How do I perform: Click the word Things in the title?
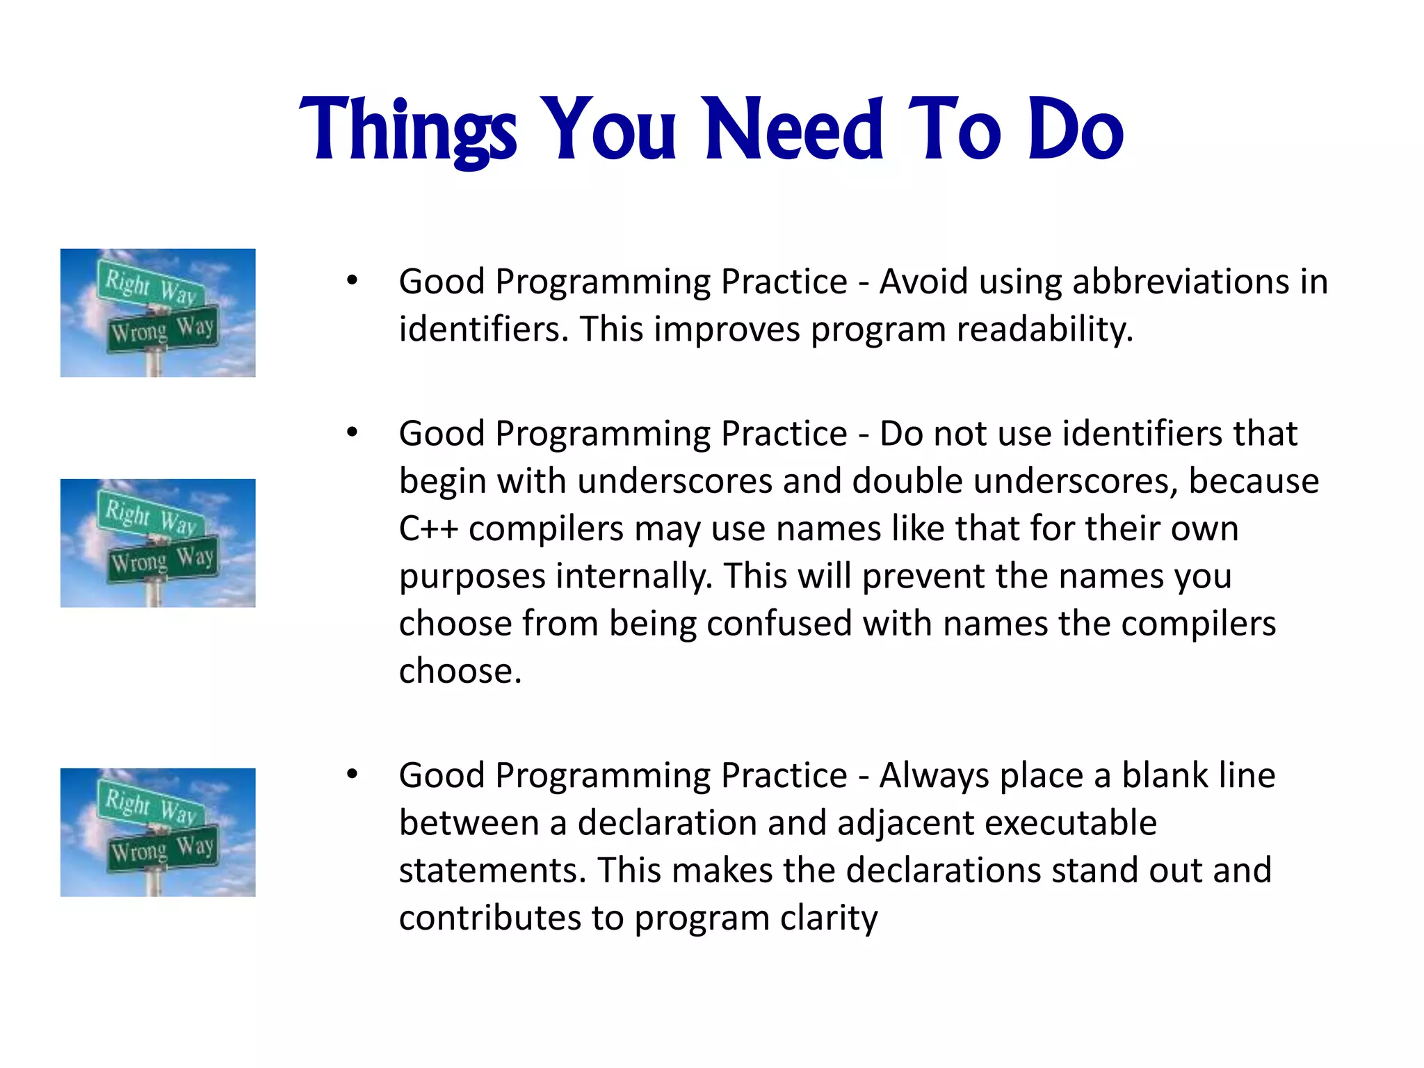[408, 130]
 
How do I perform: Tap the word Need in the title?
[793, 130]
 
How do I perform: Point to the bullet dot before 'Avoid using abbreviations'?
[353, 281]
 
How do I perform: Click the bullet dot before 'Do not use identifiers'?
[353, 432]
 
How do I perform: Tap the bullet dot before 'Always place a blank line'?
[353, 774]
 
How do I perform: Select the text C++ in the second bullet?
[428, 528]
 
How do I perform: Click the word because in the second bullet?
[1253, 481]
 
